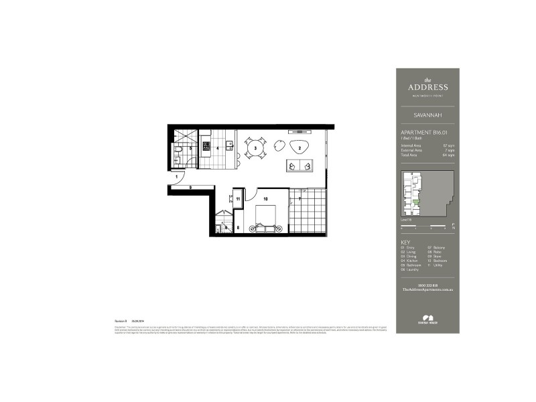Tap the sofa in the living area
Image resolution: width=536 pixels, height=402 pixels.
point(299,166)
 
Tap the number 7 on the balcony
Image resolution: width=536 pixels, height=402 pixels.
point(300,199)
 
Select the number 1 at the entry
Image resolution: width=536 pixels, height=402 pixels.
point(177,176)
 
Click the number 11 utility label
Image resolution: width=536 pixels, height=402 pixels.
point(238,199)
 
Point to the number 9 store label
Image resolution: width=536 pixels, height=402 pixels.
point(190,188)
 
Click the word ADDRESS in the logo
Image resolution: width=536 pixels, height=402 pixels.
point(428,87)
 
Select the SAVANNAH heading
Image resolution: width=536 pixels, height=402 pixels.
point(428,115)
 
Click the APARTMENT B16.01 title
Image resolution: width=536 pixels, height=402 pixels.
point(423,133)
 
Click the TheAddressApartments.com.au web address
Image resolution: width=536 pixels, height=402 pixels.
point(428,289)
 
